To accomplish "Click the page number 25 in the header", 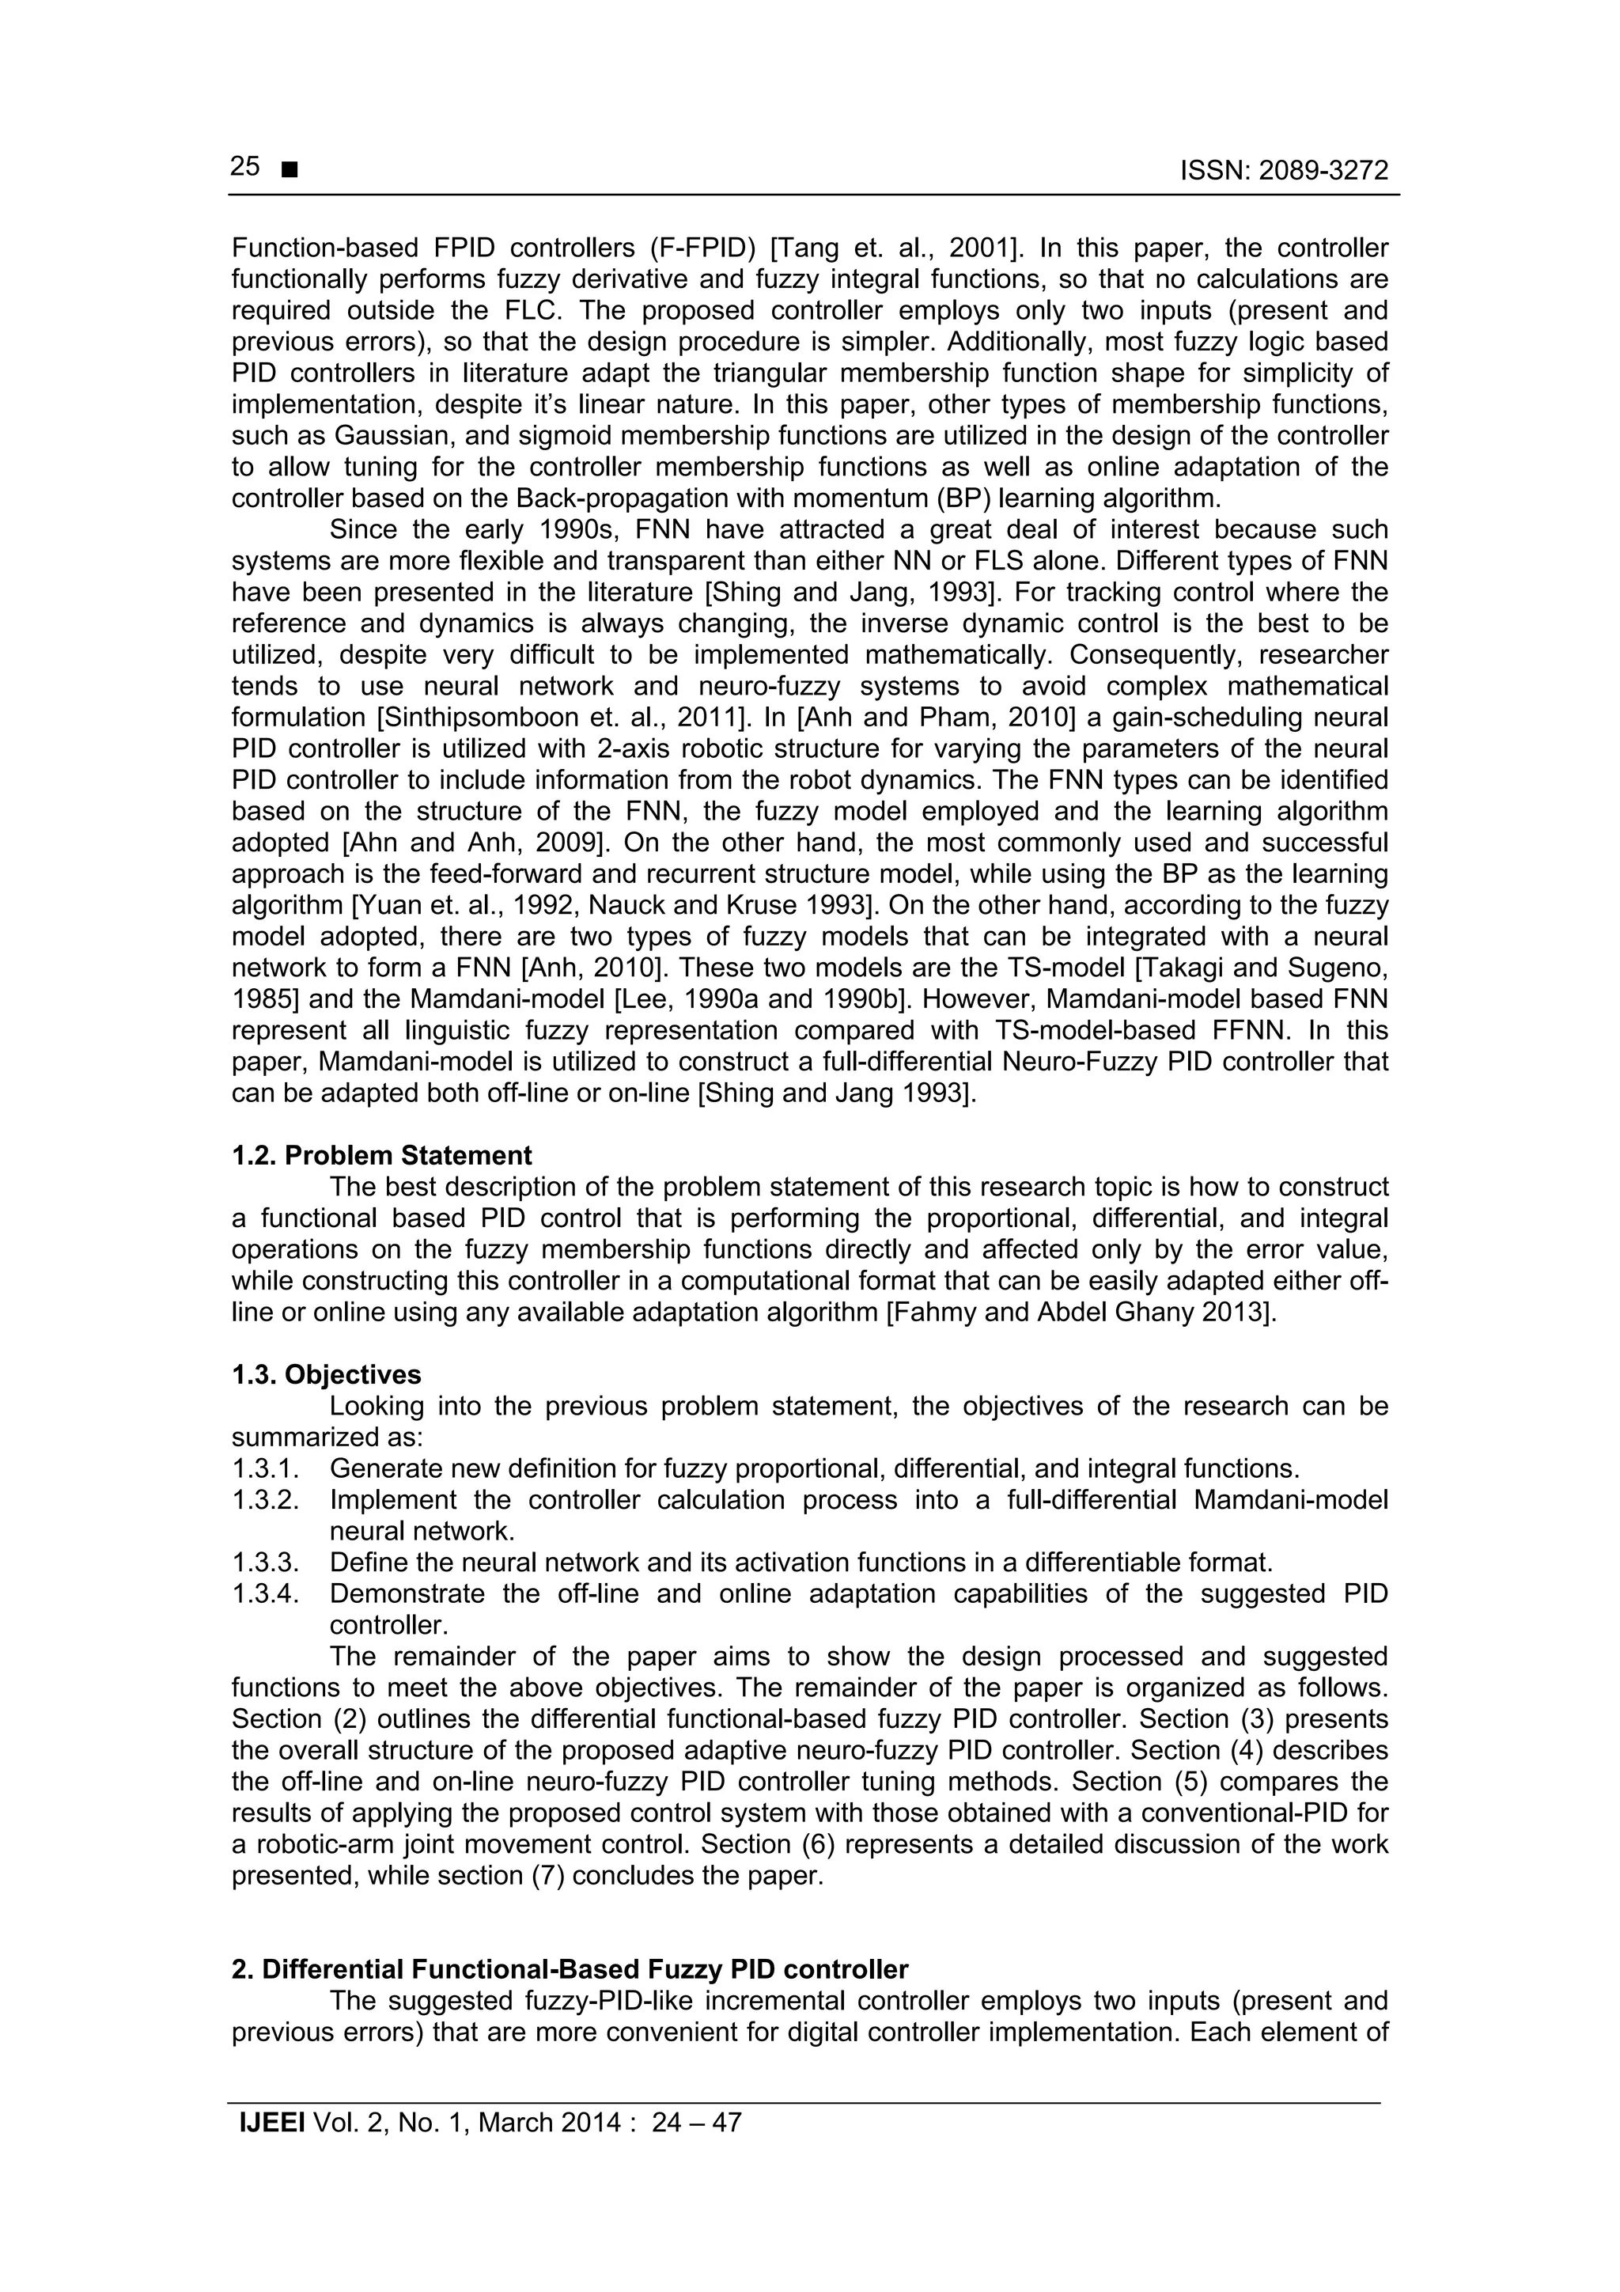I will (244, 167).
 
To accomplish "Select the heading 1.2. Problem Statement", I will (381, 1156).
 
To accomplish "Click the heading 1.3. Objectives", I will (327, 1374).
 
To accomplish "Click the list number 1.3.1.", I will (266, 1468).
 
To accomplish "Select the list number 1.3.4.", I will (266, 1593).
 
